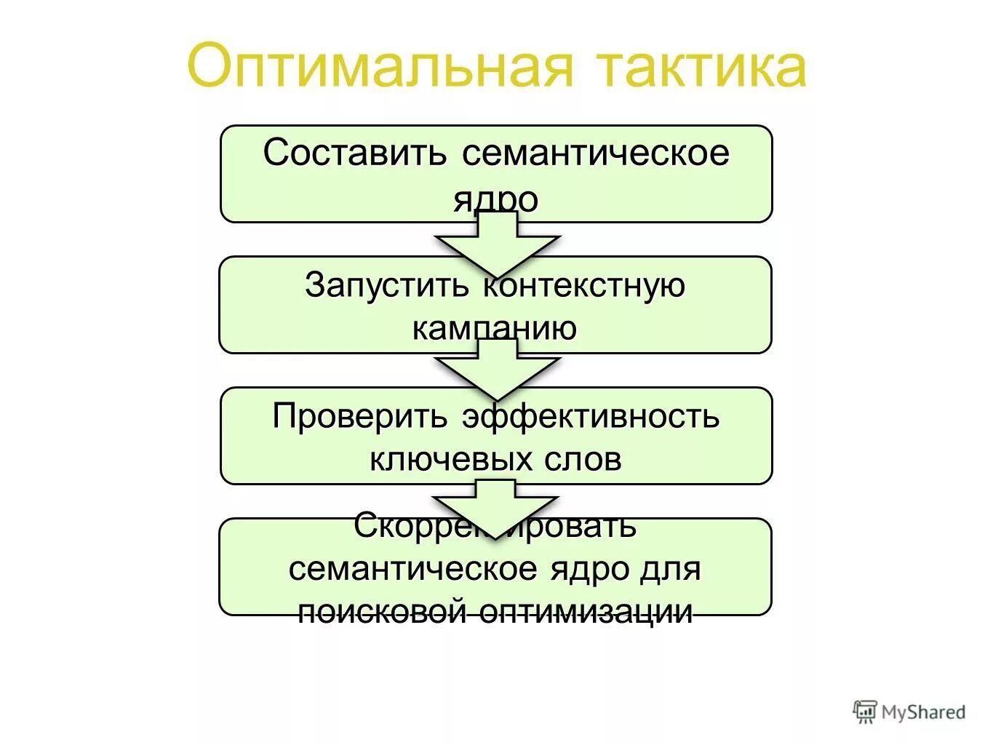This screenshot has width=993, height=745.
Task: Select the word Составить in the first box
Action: point(354,154)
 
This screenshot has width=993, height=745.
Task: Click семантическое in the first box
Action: point(595,154)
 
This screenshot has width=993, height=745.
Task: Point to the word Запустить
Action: point(387,284)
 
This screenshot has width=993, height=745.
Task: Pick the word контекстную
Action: point(584,284)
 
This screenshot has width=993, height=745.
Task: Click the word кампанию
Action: point(495,328)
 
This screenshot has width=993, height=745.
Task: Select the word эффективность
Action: point(590,416)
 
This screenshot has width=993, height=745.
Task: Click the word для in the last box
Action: point(670,568)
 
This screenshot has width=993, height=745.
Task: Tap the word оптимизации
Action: point(586,611)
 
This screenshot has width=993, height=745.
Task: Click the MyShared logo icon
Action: point(864,712)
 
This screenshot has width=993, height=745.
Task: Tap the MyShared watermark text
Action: point(923,712)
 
